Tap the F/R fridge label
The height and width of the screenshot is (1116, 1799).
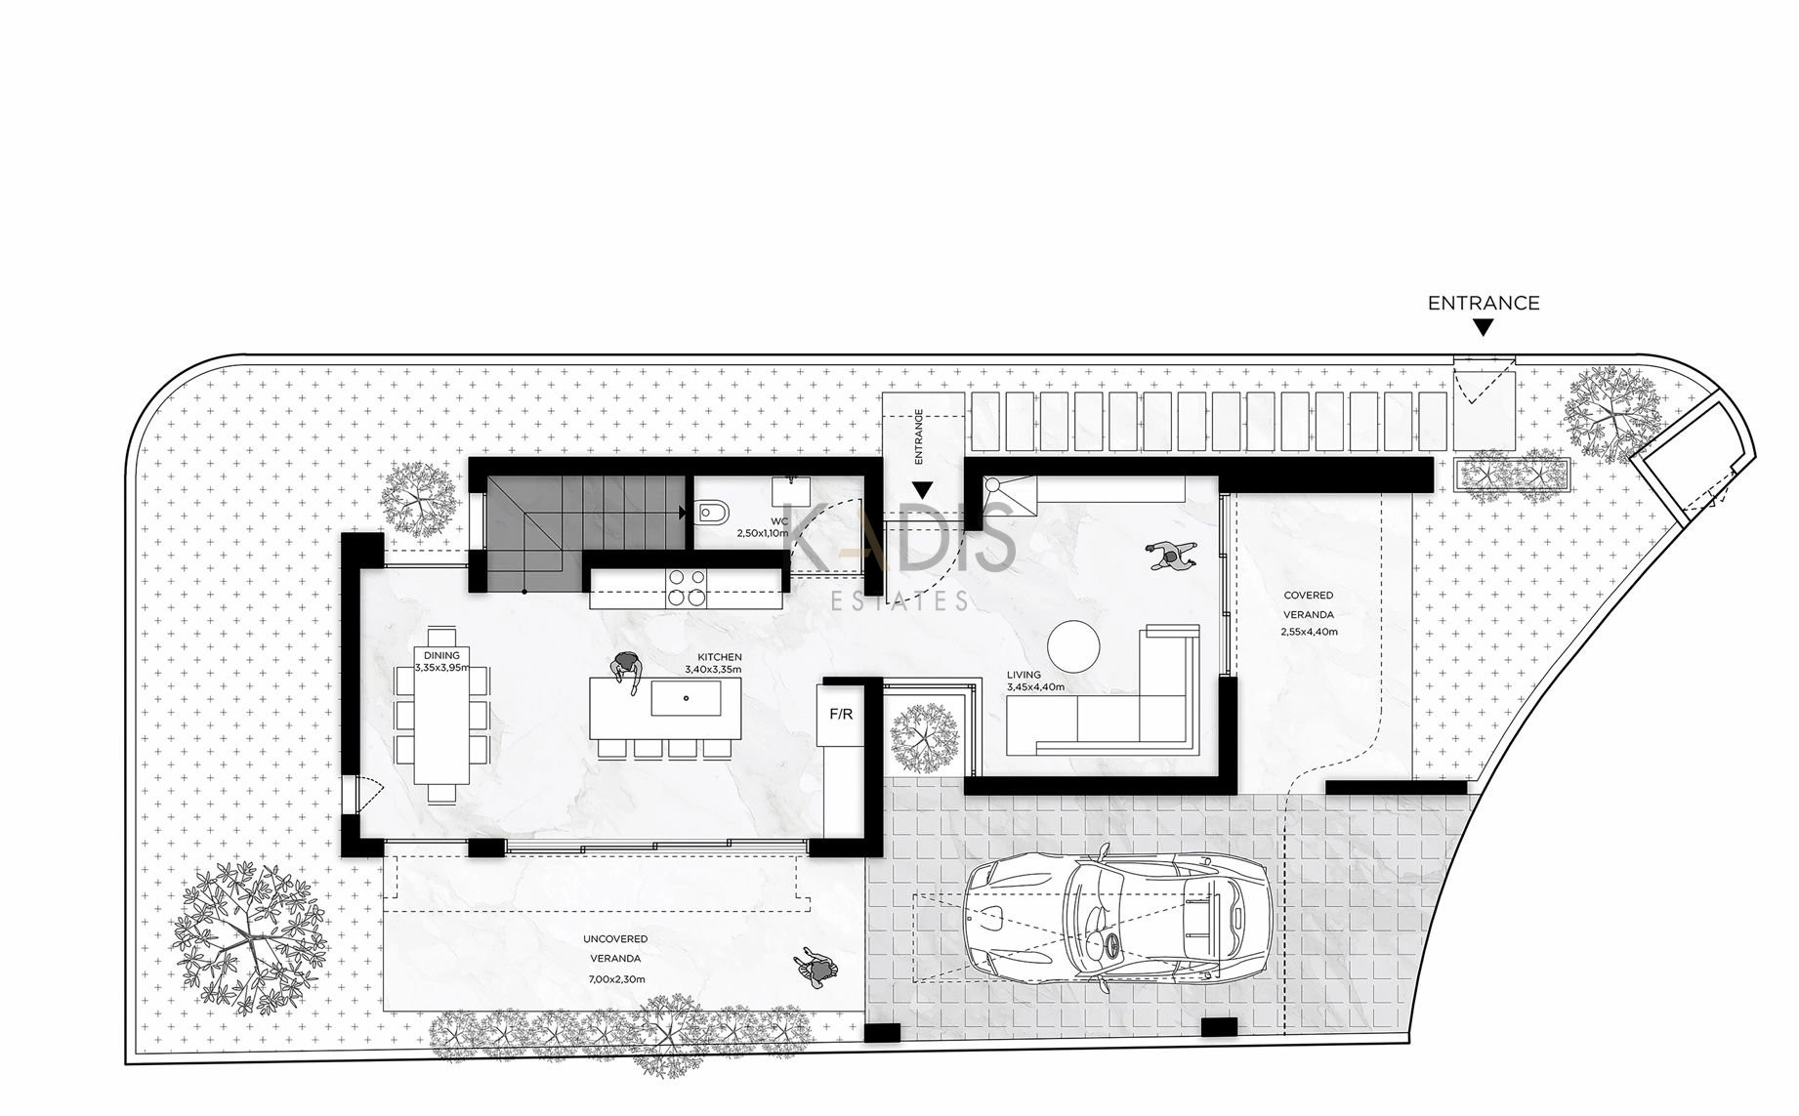(x=841, y=715)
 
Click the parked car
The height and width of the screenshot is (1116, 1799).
(x=1116, y=920)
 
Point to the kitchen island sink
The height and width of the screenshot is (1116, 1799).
(x=686, y=698)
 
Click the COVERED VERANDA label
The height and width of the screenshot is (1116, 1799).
(x=1309, y=605)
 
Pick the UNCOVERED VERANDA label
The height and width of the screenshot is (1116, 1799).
(x=615, y=948)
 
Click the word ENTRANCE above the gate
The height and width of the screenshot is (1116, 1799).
(x=1484, y=304)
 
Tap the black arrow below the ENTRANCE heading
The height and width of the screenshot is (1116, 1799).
(x=1484, y=328)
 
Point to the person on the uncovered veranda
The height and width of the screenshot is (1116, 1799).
(x=816, y=968)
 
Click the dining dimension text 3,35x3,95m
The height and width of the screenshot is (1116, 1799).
(x=441, y=668)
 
